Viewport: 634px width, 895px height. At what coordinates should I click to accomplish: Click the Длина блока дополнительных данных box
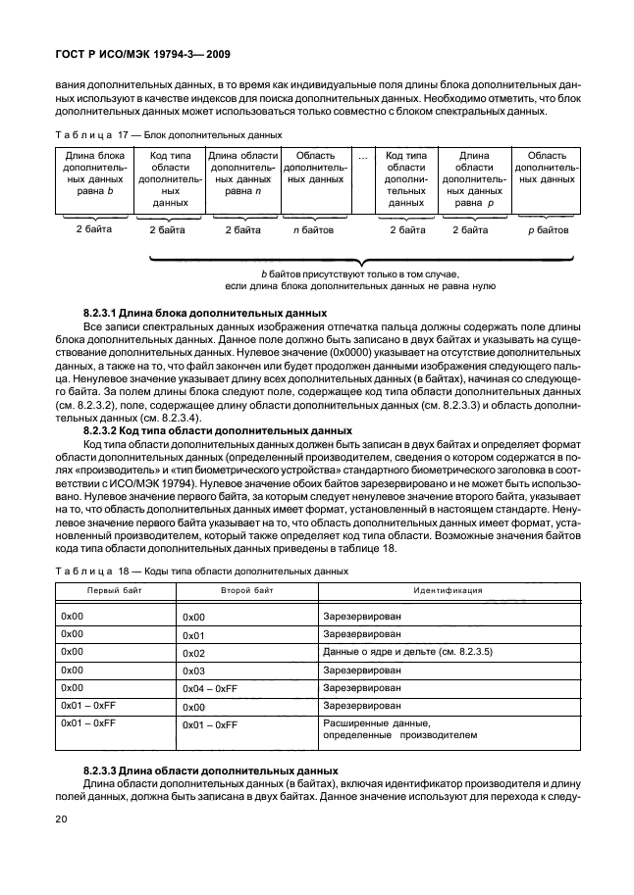click(x=94, y=181)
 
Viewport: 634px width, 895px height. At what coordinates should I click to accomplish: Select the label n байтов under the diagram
click(x=314, y=230)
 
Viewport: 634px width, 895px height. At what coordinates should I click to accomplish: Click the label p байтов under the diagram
click(x=548, y=230)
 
